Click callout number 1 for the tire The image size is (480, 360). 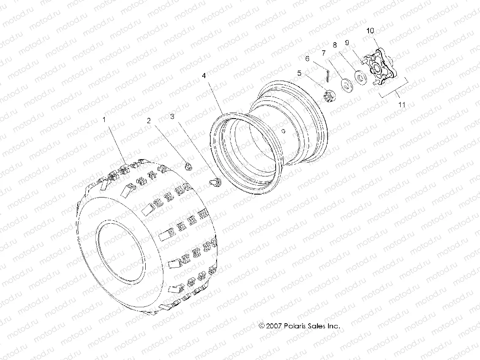click(x=104, y=120)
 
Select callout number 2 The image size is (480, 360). click(x=149, y=120)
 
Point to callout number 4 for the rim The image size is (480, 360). click(x=204, y=76)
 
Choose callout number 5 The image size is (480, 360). click(x=299, y=73)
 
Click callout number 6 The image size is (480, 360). click(x=308, y=59)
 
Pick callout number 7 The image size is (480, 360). click(x=324, y=53)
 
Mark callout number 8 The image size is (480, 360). click(x=335, y=45)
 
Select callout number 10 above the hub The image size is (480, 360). click(x=370, y=31)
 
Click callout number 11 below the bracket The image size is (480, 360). click(x=400, y=103)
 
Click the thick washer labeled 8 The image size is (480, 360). click(x=361, y=77)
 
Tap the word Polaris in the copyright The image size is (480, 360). click(x=298, y=326)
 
